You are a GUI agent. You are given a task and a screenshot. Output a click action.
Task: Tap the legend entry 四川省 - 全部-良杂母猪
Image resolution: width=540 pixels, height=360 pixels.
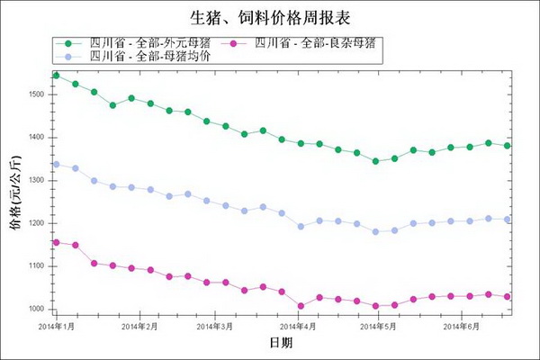pos(306,42)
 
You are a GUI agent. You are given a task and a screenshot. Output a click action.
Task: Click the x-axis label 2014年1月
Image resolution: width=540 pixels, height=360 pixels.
pos(57,326)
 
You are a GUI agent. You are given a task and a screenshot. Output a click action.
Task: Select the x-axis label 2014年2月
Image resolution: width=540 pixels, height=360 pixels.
pos(139,326)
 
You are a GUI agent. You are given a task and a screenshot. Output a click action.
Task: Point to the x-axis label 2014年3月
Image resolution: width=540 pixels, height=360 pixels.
pos(214,326)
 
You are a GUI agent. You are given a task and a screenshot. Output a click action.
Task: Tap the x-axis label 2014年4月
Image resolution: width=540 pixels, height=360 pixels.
pos(297,326)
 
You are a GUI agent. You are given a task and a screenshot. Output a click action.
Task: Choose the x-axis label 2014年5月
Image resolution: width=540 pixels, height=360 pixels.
pos(377,326)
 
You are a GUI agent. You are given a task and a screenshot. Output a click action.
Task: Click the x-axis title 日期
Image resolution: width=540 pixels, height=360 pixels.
pos(281,343)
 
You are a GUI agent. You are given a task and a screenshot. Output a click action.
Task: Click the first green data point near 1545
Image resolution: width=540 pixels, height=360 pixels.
pos(56,75)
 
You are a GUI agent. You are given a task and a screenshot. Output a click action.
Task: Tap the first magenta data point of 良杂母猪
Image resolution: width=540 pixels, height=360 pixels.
pos(56,242)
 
